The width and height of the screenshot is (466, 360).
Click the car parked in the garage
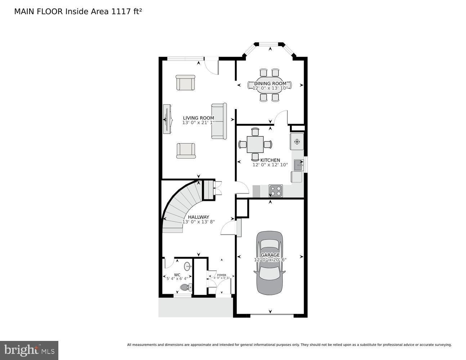tap(269, 262)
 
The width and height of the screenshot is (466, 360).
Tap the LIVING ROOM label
tap(198, 118)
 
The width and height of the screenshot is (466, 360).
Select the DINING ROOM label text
tap(270, 84)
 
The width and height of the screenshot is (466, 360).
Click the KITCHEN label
tap(270, 160)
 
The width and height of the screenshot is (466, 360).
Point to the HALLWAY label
tap(198, 217)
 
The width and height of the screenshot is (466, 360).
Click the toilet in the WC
tap(185, 287)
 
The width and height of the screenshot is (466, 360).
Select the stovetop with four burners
tap(275, 191)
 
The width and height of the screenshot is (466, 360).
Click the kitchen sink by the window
tap(298, 165)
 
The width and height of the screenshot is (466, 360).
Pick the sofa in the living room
tap(219, 121)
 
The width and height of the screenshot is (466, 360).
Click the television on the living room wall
tap(166, 119)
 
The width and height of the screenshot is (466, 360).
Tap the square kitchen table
tap(255, 144)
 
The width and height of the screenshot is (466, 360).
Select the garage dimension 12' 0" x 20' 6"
tap(270, 260)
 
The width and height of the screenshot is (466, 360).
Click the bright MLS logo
tap(29, 350)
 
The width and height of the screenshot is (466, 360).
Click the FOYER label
tap(221, 275)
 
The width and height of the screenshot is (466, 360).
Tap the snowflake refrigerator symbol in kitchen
tap(297, 141)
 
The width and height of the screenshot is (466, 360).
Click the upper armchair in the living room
tap(185, 83)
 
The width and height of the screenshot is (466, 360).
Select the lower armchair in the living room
tap(186, 150)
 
